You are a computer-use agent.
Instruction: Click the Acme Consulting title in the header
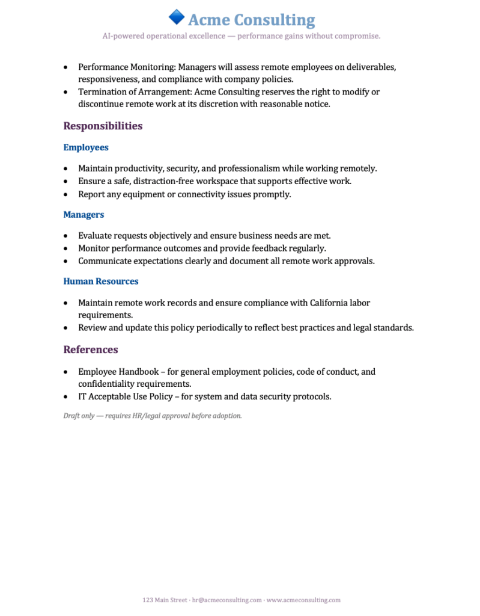point(251,20)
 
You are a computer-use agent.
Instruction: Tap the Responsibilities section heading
point(103,126)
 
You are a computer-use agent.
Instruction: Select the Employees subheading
point(86,147)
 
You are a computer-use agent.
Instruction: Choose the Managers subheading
point(84,215)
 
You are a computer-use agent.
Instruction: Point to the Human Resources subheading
point(101,282)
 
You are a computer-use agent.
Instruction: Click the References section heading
point(91,350)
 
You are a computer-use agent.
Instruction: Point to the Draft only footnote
point(153,416)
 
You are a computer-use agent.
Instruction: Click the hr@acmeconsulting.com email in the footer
point(227,600)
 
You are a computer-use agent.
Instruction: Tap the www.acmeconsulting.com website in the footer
point(303,600)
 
